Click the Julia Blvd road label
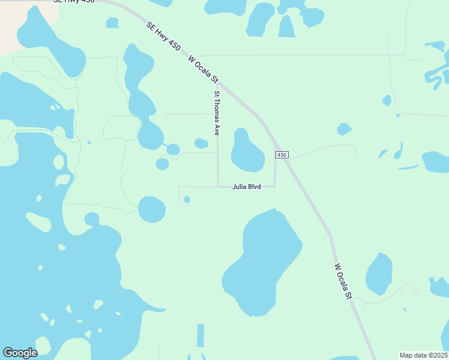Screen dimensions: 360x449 (x=247, y=187)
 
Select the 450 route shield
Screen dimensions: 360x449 (x=282, y=155)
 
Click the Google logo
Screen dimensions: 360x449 (x=20, y=353)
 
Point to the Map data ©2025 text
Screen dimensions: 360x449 (x=423, y=355)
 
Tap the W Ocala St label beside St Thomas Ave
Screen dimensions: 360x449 (x=203, y=70)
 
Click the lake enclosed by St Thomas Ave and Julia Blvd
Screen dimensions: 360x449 (x=247, y=152)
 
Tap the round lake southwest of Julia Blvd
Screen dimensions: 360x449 (x=152, y=209)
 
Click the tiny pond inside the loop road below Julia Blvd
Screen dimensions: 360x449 (x=187, y=199)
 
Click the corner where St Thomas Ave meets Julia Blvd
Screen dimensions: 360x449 (x=217, y=186)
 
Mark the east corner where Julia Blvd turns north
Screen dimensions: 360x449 (x=275, y=186)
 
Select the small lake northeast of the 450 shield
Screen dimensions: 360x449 (x=344, y=129)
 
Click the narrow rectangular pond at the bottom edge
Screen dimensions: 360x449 (x=200, y=336)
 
